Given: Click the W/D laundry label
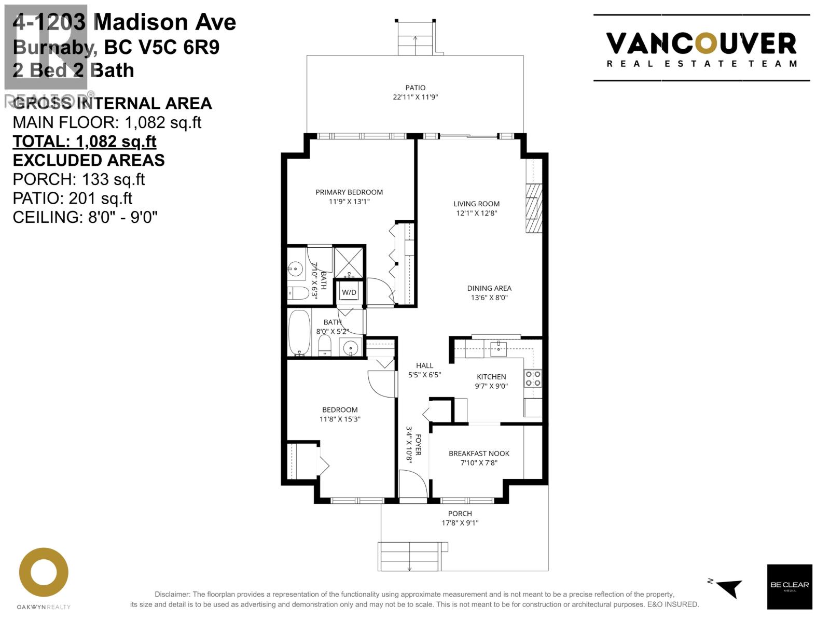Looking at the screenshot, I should point(349,292).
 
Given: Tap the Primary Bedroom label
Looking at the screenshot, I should point(349,192).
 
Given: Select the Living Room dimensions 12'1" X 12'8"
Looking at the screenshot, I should point(476,213).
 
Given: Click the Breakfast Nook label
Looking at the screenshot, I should point(479,454).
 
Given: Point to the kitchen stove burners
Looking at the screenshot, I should point(533,378).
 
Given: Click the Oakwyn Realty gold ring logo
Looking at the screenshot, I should point(44,572).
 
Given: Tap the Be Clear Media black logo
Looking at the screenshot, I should point(790,586).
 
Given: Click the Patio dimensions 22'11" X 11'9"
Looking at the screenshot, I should point(415,97).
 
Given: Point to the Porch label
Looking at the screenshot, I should point(460,514).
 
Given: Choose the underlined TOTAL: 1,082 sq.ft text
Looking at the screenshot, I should point(85,142).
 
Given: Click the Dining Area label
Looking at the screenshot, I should point(489,288).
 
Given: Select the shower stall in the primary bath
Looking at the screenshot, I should point(349,262).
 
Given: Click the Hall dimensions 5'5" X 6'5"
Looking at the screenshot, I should point(424,375).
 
